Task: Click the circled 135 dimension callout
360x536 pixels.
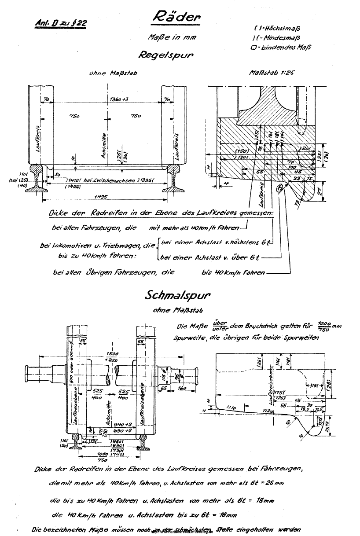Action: click(x=279, y=189)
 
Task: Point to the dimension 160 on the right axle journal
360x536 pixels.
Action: click(x=182, y=389)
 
